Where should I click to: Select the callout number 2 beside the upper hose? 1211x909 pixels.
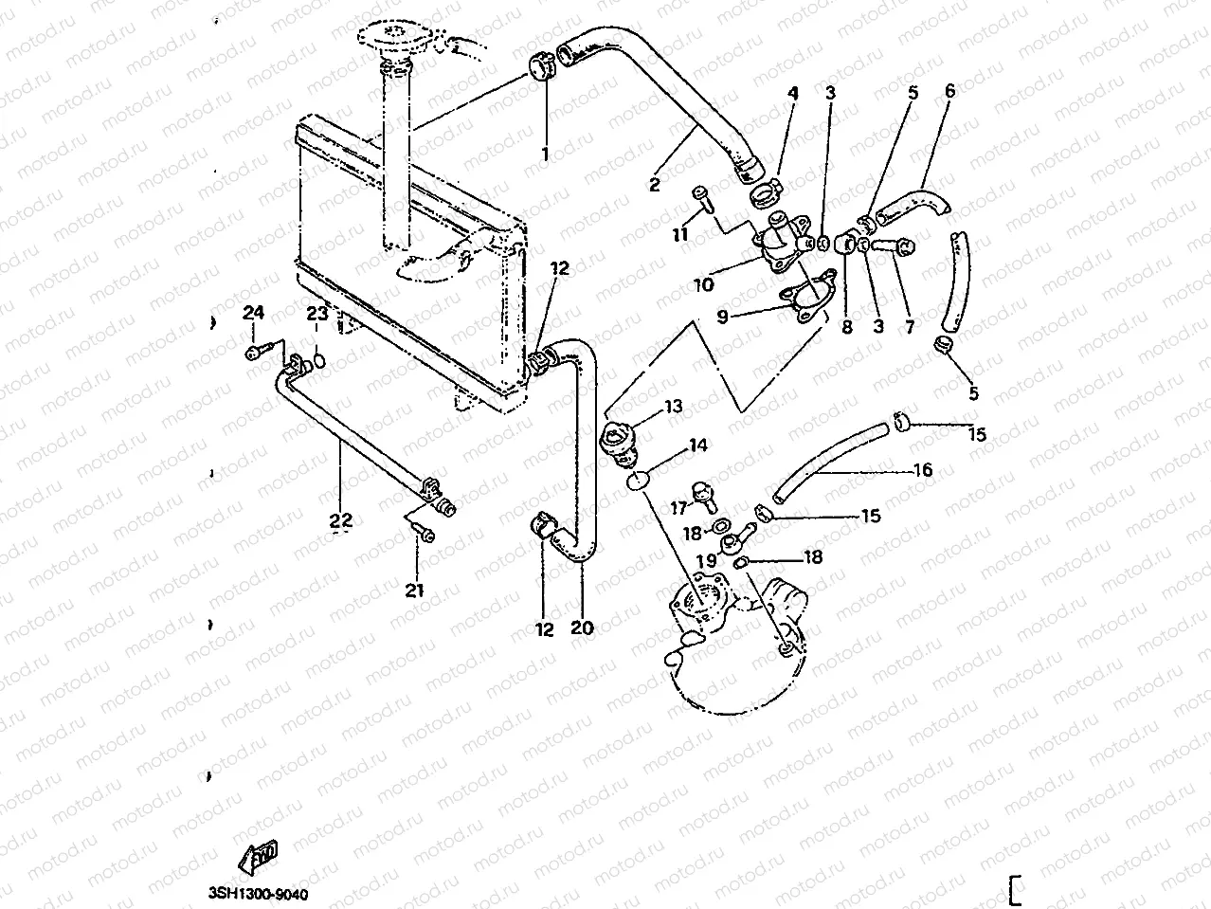click(x=654, y=185)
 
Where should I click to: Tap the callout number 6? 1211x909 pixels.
click(x=949, y=91)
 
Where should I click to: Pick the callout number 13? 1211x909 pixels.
click(x=673, y=407)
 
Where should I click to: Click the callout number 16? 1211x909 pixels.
click(x=923, y=469)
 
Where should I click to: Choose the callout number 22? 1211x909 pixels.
click(x=341, y=520)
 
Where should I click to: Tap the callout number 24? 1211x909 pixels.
click(x=252, y=313)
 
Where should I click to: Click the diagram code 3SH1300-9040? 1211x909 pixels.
click(x=259, y=894)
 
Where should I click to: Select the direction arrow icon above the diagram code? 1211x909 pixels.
click(x=259, y=860)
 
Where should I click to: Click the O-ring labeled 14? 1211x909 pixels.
click(x=640, y=481)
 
